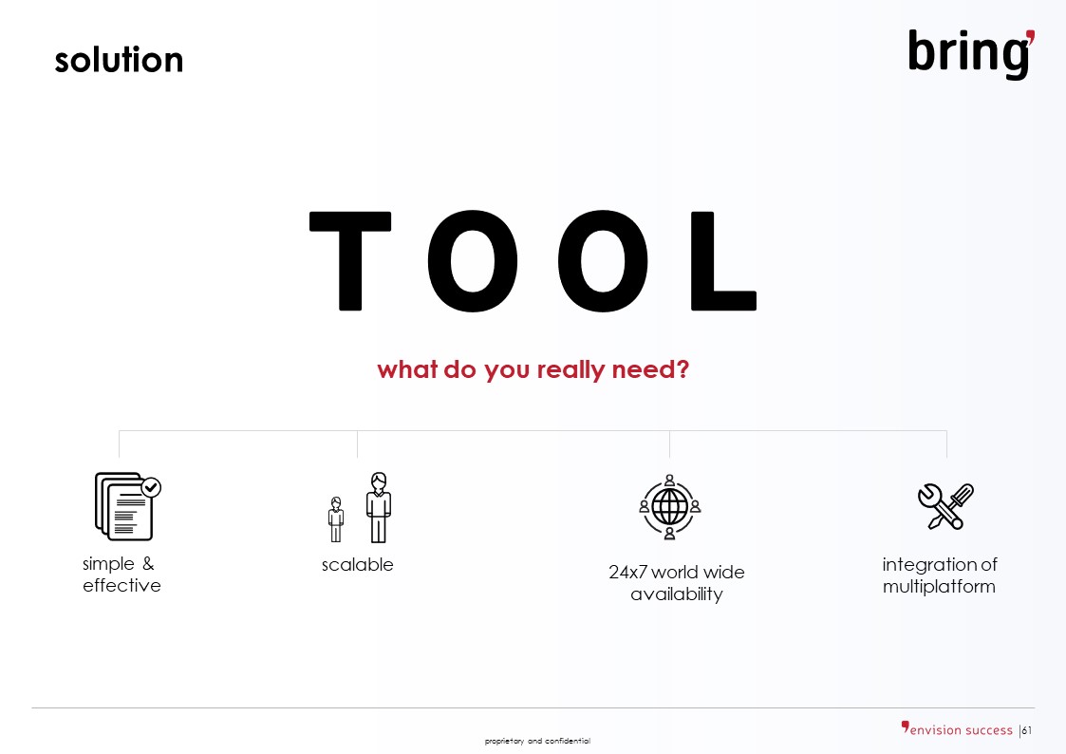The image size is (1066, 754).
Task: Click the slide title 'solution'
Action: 119,60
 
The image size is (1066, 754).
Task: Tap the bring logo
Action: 971,54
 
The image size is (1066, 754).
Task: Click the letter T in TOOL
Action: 350,261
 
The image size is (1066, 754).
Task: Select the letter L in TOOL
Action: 723,261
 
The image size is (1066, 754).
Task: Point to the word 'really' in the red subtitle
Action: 570,370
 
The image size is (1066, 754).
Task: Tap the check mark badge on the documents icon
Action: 151,487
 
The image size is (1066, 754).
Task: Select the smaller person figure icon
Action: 336,519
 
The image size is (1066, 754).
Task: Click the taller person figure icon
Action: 379,508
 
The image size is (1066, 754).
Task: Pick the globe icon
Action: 669,507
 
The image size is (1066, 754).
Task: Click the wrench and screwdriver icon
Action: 945,506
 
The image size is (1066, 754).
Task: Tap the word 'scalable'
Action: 358,565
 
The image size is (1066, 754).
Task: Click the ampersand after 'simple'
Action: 148,564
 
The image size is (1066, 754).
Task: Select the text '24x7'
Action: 627,573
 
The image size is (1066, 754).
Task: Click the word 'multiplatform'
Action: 939,587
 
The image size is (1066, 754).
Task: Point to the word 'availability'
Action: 677,594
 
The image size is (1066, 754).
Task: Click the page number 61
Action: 1026,730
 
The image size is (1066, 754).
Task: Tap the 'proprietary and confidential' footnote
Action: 537,741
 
